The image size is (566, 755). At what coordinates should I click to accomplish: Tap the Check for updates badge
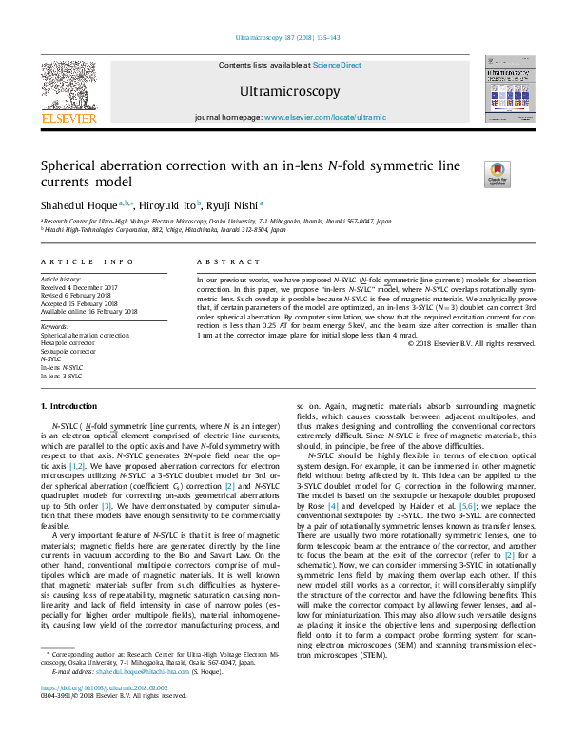coord(498,174)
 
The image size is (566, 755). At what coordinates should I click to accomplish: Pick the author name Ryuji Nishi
coord(233,203)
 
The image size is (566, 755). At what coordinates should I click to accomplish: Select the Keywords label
coord(54,327)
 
